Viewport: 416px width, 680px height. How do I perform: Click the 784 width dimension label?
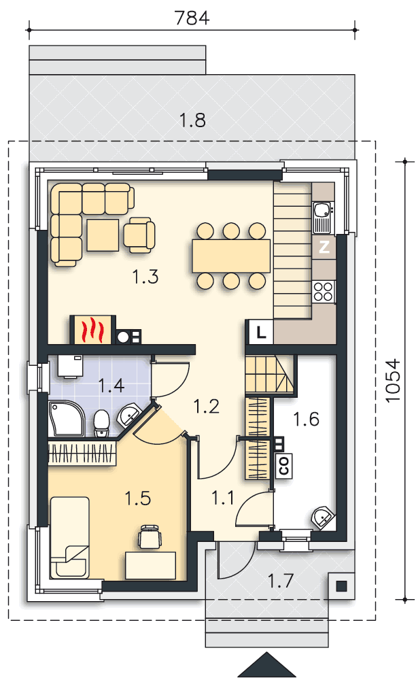(192, 18)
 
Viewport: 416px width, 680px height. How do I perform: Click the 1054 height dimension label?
(393, 380)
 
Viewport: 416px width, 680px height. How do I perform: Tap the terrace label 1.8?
(192, 120)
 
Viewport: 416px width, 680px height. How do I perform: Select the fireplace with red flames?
(93, 330)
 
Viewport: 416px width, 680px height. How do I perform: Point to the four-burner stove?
(324, 292)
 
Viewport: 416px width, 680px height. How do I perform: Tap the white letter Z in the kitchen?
(324, 247)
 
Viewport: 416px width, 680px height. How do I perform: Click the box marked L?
(260, 333)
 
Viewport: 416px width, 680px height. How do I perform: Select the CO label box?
(284, 466)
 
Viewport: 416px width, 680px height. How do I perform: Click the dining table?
(231, 256)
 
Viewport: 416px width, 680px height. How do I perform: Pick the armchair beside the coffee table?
(139, 235)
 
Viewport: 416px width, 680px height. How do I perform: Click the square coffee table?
(103, 235)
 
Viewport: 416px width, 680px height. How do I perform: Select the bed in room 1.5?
(70, 538)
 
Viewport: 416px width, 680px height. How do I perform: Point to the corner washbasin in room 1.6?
(323, 517)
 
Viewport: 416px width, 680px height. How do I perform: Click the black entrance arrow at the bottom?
(267, 667)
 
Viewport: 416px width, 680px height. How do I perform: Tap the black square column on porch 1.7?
(341, 586)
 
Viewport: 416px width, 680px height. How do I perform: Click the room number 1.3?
(145, 276)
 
